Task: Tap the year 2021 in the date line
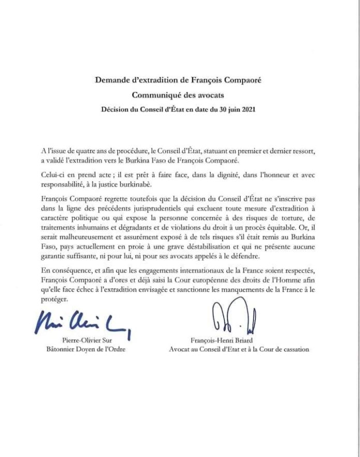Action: (x=248, y=109)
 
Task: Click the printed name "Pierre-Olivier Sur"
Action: (x=91, y=340)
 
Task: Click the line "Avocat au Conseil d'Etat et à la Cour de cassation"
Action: (x=238, y=349)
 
